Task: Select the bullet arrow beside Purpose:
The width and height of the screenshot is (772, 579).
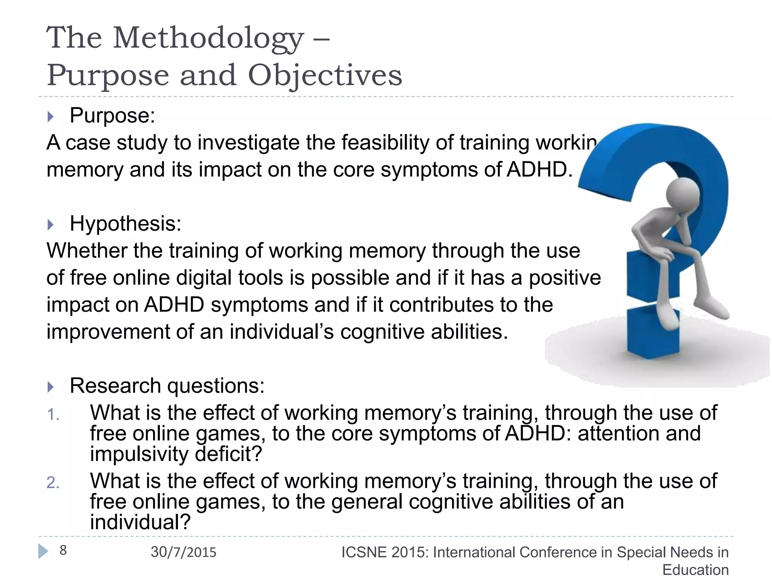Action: pyautogui.click(x=51, y=116)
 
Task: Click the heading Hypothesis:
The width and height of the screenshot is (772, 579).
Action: pyautogui.click(x=126, y=224)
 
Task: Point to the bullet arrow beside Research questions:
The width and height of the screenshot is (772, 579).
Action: pyautogui.click(x=51, y=387)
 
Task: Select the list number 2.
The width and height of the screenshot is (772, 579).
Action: pyautogui.click(x=53, y=483)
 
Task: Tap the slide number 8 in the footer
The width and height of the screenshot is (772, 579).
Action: pyautogui.click(x=63, y=550)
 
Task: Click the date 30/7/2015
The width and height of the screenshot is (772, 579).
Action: pyautogui.click(x=184, y=552)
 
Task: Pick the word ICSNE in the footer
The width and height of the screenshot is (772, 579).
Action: pyautogui.click(x=364, y=552)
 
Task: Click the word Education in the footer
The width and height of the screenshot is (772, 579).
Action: pyautogui.click(x=695, y=570)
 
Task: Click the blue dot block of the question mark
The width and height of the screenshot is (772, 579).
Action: pyautogui.click(x=652, y=332)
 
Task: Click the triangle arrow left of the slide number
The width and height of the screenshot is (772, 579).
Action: pyautogui.click(x=43, y=551)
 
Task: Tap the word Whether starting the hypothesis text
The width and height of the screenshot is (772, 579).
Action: pyautogui.click(x=87, y=251)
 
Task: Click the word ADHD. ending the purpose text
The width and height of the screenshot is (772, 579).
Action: pyautogui.click(x=539, y=170)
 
